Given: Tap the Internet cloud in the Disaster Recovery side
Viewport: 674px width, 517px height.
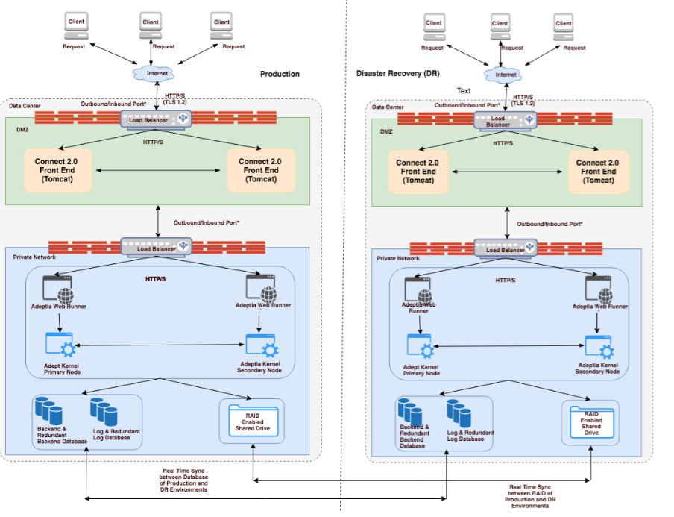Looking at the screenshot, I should pos(505,75).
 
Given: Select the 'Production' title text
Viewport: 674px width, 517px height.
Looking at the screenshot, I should pos(280,74).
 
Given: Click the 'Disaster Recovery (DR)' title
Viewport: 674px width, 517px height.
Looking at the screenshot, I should pos(397,74).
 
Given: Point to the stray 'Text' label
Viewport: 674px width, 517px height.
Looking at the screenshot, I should pos(464,91).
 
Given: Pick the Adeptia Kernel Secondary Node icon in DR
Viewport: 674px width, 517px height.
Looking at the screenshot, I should pos(598,348).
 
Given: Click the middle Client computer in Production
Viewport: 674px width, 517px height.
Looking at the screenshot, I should pos(151,25).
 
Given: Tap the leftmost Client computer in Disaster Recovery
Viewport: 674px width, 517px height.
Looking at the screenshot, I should pos(433,26).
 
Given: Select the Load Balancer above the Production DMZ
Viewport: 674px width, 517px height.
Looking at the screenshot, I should pos(157,118).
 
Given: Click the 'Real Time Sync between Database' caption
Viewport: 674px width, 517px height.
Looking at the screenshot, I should pos(185,477).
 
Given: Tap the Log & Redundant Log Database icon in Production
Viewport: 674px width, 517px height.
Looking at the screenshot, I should pos(104,413).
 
